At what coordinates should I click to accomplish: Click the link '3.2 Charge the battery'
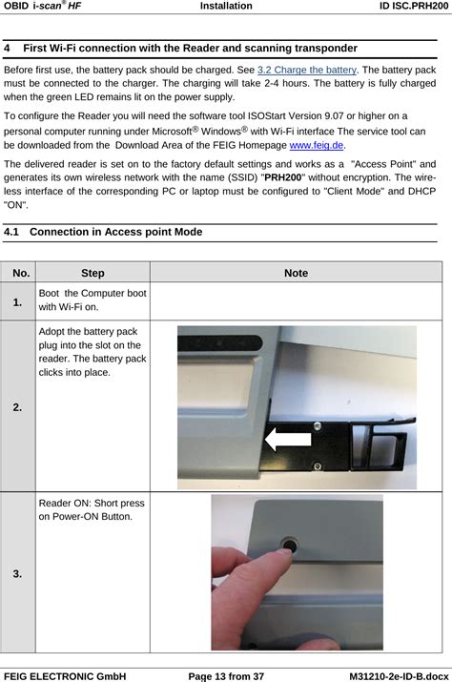pos(307,71)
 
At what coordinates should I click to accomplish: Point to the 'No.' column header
pos(20,273)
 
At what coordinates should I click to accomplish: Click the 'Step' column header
pos(92,273)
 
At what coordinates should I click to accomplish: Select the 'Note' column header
pos(296,273)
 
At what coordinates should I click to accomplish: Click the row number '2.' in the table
pos(20,407)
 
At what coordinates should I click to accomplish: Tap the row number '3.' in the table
pos(20,573)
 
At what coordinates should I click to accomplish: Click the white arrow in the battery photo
pos(287,440)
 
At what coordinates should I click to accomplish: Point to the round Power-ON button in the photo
pos(287,545)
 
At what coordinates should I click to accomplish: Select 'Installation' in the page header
pos(226,6)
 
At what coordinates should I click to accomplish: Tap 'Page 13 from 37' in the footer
pos(226,675)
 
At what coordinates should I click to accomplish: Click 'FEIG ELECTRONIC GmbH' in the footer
pos(66,675)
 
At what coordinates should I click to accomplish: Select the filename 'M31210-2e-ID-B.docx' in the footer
pos(392,675)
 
